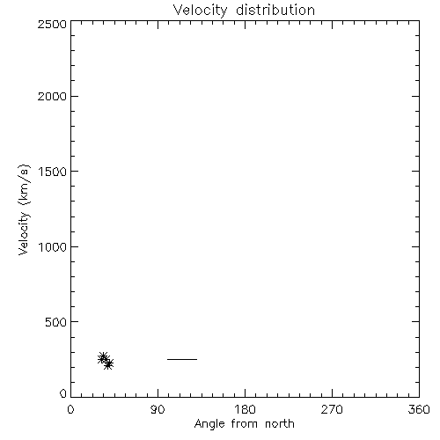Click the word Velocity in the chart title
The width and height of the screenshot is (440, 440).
tap(200, 11)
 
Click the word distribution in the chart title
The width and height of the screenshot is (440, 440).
tap(275, 11)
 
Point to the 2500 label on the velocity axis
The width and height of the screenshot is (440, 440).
tap(52, 25)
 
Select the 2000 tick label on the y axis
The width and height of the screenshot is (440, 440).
tap(52, 97)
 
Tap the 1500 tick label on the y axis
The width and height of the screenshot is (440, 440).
tap(53, 172)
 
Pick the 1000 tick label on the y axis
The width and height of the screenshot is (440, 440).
tap(53, 247)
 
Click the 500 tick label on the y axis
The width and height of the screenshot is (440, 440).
tap(56, 322)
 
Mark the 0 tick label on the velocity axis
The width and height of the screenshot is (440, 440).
tap(63, 393)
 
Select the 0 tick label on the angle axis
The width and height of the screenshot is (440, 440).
tap(70, 409)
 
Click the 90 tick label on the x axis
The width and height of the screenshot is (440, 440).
tap(158, 409)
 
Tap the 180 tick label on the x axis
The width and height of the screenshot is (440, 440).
tap(245, 409)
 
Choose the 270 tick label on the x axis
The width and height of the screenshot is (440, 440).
tap(332, 409)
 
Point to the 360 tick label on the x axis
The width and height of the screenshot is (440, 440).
tap(419, 409)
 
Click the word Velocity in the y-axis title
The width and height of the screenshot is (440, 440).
tap(24, 233)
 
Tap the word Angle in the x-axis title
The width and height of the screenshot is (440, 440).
tap(209, 424)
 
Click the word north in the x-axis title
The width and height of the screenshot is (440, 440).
tap(280, 424)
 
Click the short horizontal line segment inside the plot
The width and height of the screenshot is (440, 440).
tap(182, 359)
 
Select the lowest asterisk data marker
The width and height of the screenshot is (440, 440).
tap(108, 364)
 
